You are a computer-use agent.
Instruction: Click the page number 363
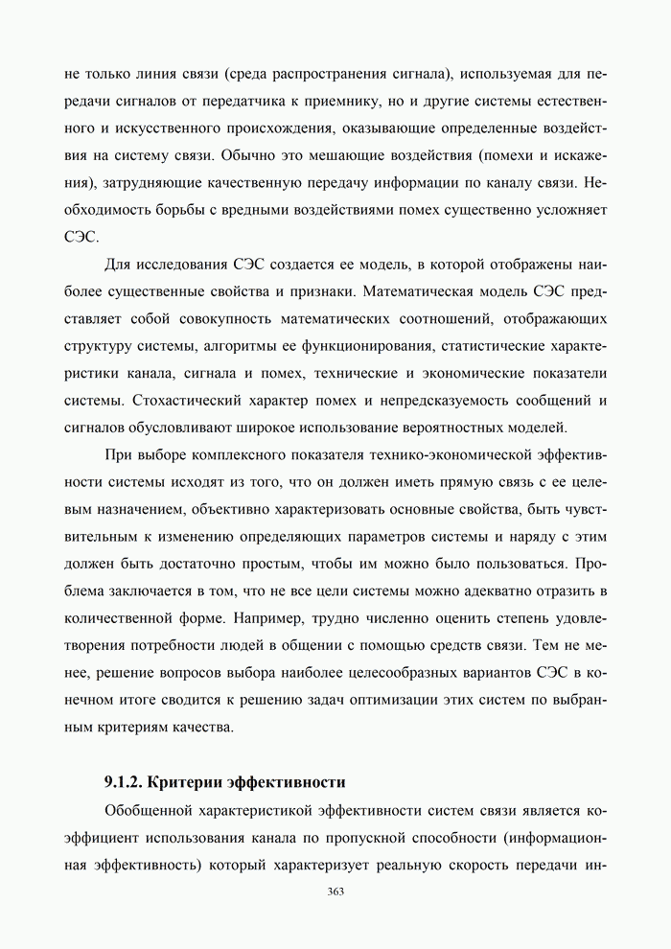point(335,891)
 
